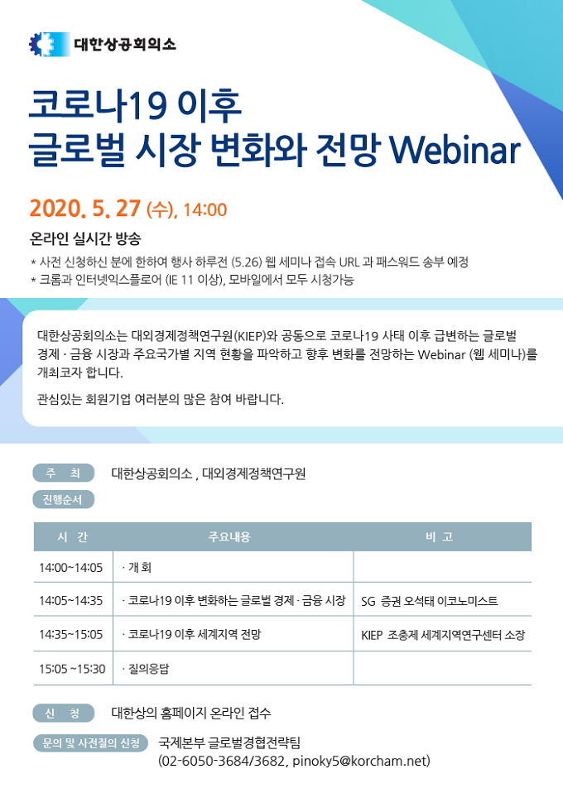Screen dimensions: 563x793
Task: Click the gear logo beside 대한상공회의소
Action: point(49,44)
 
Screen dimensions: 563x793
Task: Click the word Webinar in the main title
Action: point(455,149)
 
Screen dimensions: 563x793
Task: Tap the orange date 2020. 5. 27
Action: point(85,209)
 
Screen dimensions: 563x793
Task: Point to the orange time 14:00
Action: point(205,209)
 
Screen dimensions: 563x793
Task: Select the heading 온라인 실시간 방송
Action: point(85,238)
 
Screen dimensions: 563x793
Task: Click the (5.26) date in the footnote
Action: point(247,262)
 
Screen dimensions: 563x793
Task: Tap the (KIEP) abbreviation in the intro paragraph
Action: point(248,336)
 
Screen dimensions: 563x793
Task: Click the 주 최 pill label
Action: point(63,473)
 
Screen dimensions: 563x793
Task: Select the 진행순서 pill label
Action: point(63,499)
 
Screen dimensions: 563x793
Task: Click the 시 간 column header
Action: point(73,536)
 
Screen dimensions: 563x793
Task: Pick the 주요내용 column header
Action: point(229,536)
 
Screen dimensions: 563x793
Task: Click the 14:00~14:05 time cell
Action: point(71,568)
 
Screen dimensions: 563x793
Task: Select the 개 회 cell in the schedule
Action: point(138,567)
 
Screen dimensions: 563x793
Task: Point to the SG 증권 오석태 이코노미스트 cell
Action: point(430,601)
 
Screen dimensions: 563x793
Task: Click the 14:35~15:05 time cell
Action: point(71,634)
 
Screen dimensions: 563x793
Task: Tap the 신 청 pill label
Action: point(63,713)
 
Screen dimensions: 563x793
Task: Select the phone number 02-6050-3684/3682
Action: point(224,761)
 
